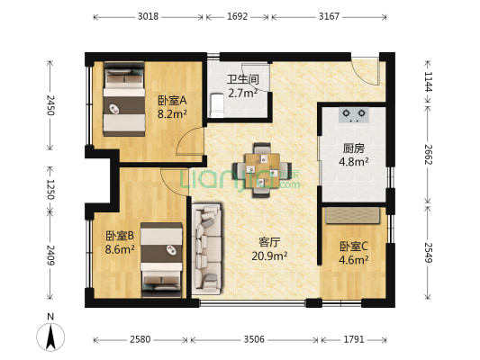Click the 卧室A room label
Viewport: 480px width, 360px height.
pos(171,101)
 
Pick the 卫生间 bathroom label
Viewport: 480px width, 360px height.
pos(242,79)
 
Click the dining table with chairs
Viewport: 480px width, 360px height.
pos(262,167)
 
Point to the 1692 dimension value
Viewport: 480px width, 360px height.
pos(238,16)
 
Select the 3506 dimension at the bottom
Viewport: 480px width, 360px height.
pos(255,341)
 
